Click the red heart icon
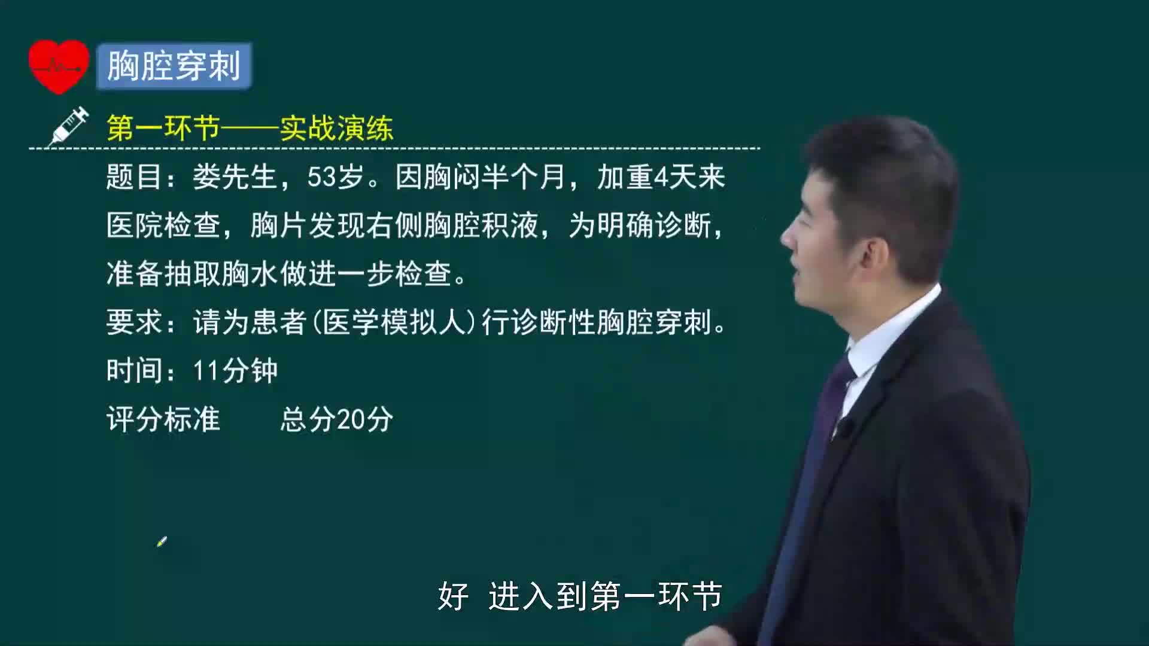click(x=59, y=66)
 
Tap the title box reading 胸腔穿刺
click(x=174, y=66)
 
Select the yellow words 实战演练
click(x=336, y=128)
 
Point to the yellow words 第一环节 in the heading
click(x=163, y=128)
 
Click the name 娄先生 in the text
click(x=235, y=177)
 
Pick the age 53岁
click(x=336, y=177)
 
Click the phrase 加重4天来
click(x=661, y=177)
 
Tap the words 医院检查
click(x=163, y=226)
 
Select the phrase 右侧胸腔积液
click(x=451, y=226)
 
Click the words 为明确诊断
click(x=640, y=226)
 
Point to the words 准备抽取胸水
click(x=192, y=274)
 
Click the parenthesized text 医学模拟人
click(x=394, y=322)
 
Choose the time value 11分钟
click(x=235, y=371)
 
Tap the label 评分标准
click(x=163, y=419)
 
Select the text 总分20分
click(x=336, y=419)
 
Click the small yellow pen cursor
click(x=162, y=541)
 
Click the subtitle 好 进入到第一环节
click(x=580, y=596)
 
